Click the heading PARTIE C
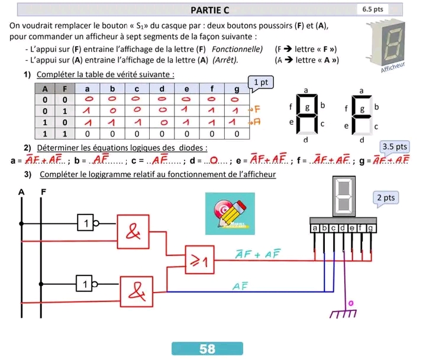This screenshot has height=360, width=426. coord(210,9)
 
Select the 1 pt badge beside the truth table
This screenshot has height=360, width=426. coord(262,83)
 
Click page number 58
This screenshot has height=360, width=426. coord(207,349)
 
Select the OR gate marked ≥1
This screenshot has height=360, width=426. coord(201,259)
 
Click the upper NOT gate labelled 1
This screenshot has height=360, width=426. coord(86,224)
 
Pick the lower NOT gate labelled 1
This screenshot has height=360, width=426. coord(86,284)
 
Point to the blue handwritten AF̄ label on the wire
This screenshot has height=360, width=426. coord(240,286)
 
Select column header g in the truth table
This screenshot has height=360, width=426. coord(236,88)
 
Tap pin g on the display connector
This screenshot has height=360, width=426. coord(371,228)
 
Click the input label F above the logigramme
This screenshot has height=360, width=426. coord(43,192)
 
